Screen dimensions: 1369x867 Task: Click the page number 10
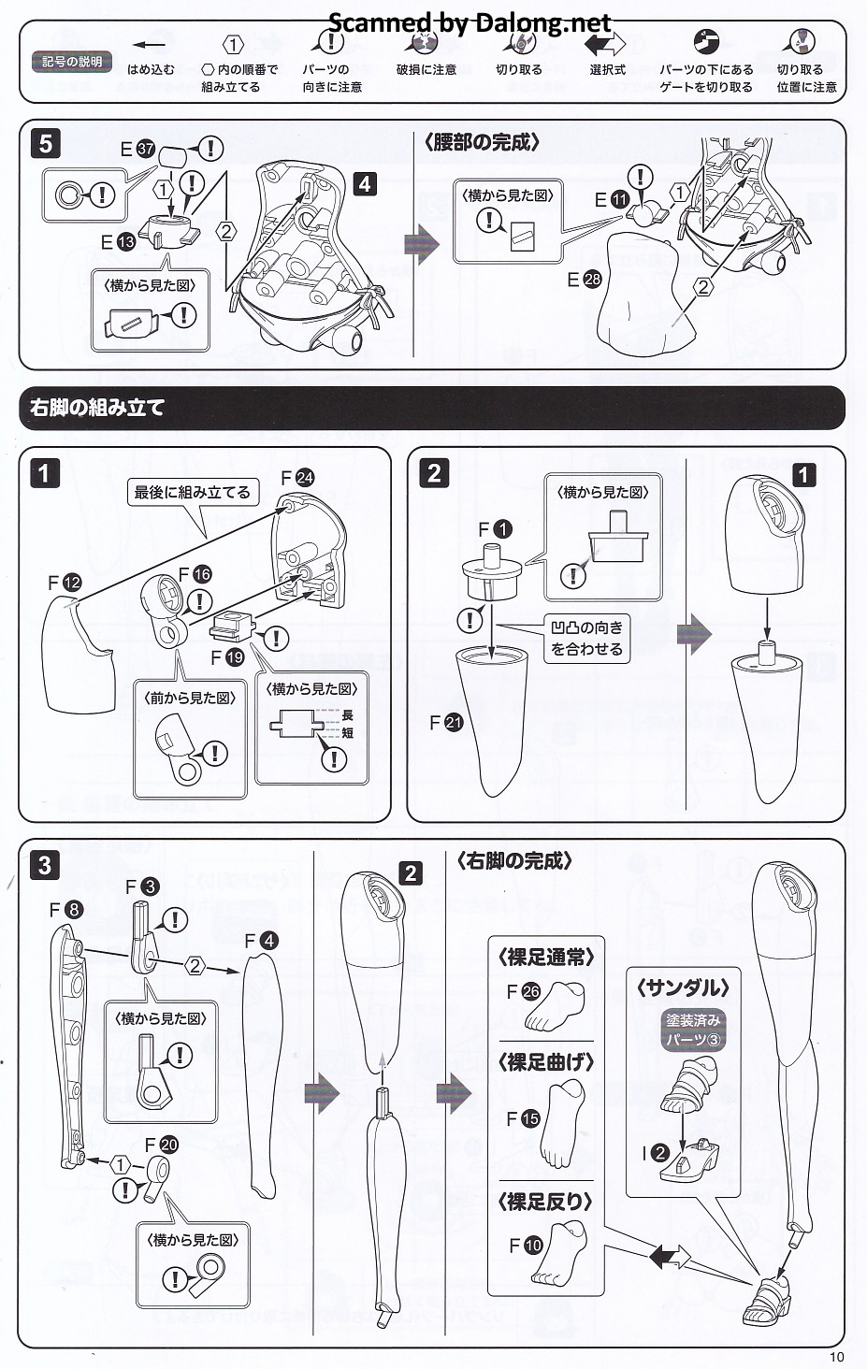(x=835, y=1357)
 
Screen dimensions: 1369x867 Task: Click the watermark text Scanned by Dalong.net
(x=470, y=22)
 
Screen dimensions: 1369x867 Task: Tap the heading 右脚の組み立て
(x=97, y=408)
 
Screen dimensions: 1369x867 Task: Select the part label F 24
(x=297, y=478)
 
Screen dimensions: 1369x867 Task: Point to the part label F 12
(x=65, y=583)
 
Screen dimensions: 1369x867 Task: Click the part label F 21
(x=446, y=722)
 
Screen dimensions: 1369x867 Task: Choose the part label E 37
(x=137, y=149)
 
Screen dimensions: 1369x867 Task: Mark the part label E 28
(x=584, y=279)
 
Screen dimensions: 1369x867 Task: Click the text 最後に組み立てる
(x=192, y=492)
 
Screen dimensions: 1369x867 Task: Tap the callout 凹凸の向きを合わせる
(x=586, y=638)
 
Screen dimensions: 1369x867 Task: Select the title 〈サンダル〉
(x=683, y=987)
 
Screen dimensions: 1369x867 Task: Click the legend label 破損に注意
(x=426, y=70)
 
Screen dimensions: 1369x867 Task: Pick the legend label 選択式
(x=607, y=70)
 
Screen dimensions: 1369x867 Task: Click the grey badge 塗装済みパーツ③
(x=693, y=1030)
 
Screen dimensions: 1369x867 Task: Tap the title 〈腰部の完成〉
(x=482, y=142)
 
